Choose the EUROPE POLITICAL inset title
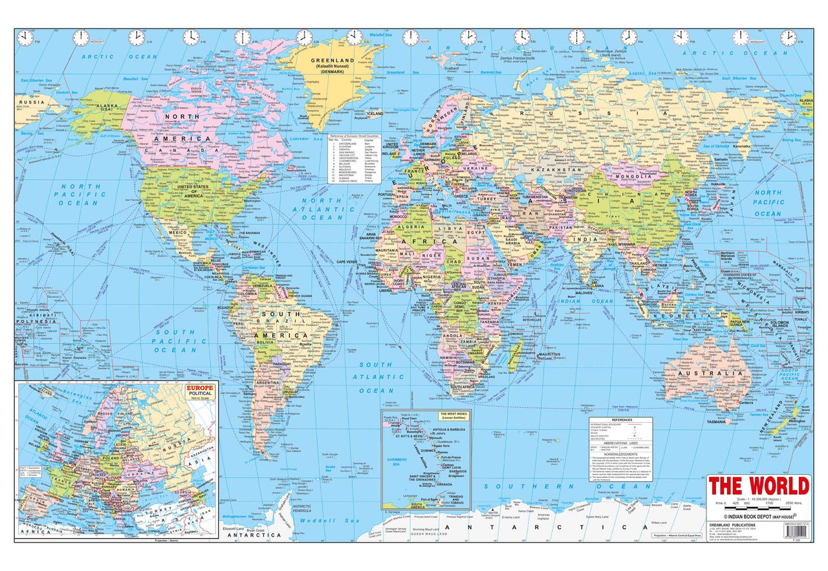pos(200,390)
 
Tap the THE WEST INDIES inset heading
pos(453,415)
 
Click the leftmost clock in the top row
pos(25,38)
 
